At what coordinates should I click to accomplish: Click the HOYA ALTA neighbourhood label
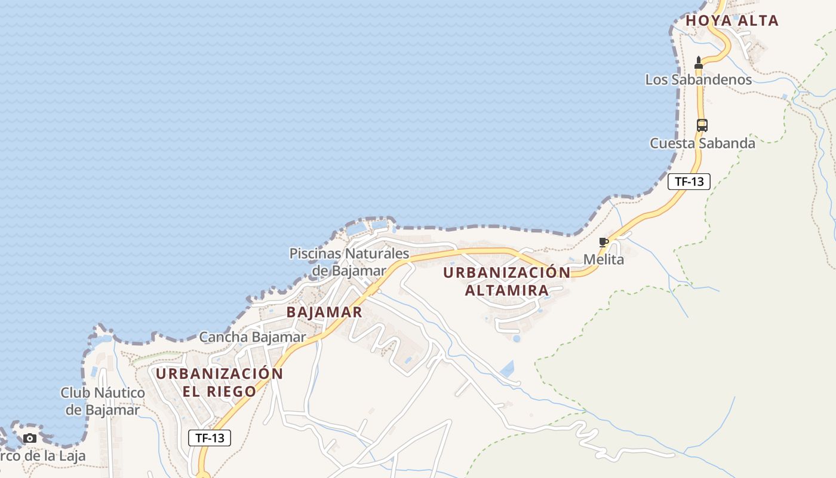pos(732,20)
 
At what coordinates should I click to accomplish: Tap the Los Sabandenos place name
pos(698,79)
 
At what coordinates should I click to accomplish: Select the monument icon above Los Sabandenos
pos(699,62)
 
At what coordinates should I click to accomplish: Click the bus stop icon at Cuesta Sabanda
pos(702,125)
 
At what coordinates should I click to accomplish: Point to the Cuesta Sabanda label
pos(702,143)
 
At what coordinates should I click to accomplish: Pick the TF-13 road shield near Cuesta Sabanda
pos(689,182)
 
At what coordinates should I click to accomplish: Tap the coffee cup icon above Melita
pos(603,242)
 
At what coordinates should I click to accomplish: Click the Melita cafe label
pos(603,259)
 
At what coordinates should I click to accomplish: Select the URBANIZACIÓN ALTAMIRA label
pos(507,281)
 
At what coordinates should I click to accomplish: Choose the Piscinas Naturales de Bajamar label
pos(349,262)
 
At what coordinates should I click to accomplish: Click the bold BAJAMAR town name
pos(324,312)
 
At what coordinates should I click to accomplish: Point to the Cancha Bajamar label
pos(252,337)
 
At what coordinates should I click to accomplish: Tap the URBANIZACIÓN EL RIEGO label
pos(219,382)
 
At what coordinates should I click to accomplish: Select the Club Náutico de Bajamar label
pos(102,402)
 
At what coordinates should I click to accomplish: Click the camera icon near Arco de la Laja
pos(29,439)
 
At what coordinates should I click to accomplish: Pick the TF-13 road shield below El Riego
pos(210,438)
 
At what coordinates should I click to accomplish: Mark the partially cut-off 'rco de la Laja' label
pos(42,456)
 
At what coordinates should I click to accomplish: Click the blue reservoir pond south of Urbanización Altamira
pos(508,368)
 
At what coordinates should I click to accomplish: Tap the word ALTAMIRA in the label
pos(506,291)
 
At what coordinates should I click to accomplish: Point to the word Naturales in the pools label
pos(374,253)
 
